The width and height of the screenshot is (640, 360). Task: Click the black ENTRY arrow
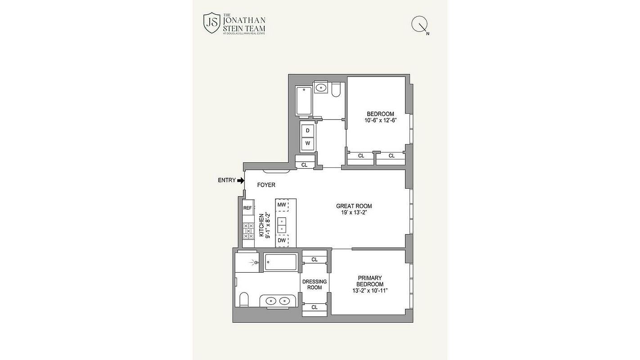[241, 180]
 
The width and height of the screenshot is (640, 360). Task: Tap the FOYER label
[266, 185]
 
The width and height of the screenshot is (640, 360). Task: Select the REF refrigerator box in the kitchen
[248, 208]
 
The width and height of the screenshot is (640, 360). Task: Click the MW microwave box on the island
[282, 205]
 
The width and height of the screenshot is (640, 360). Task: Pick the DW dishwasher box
[282, 241]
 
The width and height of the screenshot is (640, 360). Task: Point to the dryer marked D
[307, 130]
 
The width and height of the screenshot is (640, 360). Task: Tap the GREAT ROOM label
[354, 206]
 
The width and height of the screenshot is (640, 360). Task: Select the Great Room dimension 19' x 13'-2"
[354, 212]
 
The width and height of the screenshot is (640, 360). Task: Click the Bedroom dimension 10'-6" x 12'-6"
[380, 120]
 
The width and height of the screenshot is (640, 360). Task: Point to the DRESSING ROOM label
[315, 284]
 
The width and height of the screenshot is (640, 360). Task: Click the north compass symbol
[420, 25]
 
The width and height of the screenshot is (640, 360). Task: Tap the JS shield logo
[212, 22]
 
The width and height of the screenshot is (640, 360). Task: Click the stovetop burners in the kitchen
[248, 231]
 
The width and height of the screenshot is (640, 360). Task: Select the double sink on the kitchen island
[282, 225]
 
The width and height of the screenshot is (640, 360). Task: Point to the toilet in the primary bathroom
[244, 299]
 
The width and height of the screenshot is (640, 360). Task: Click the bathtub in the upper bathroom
[304, 101]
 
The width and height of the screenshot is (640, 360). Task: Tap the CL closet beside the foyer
[305, 165]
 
